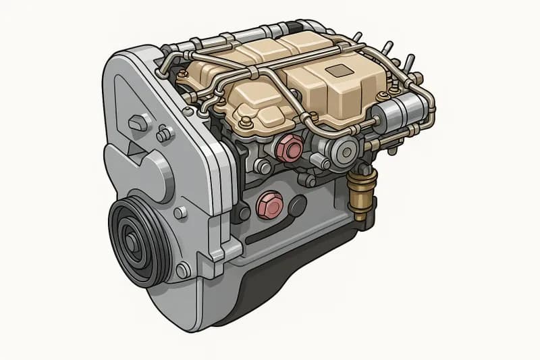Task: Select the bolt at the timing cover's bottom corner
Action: coord(182,271)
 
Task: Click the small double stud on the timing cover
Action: coord(165,134)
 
